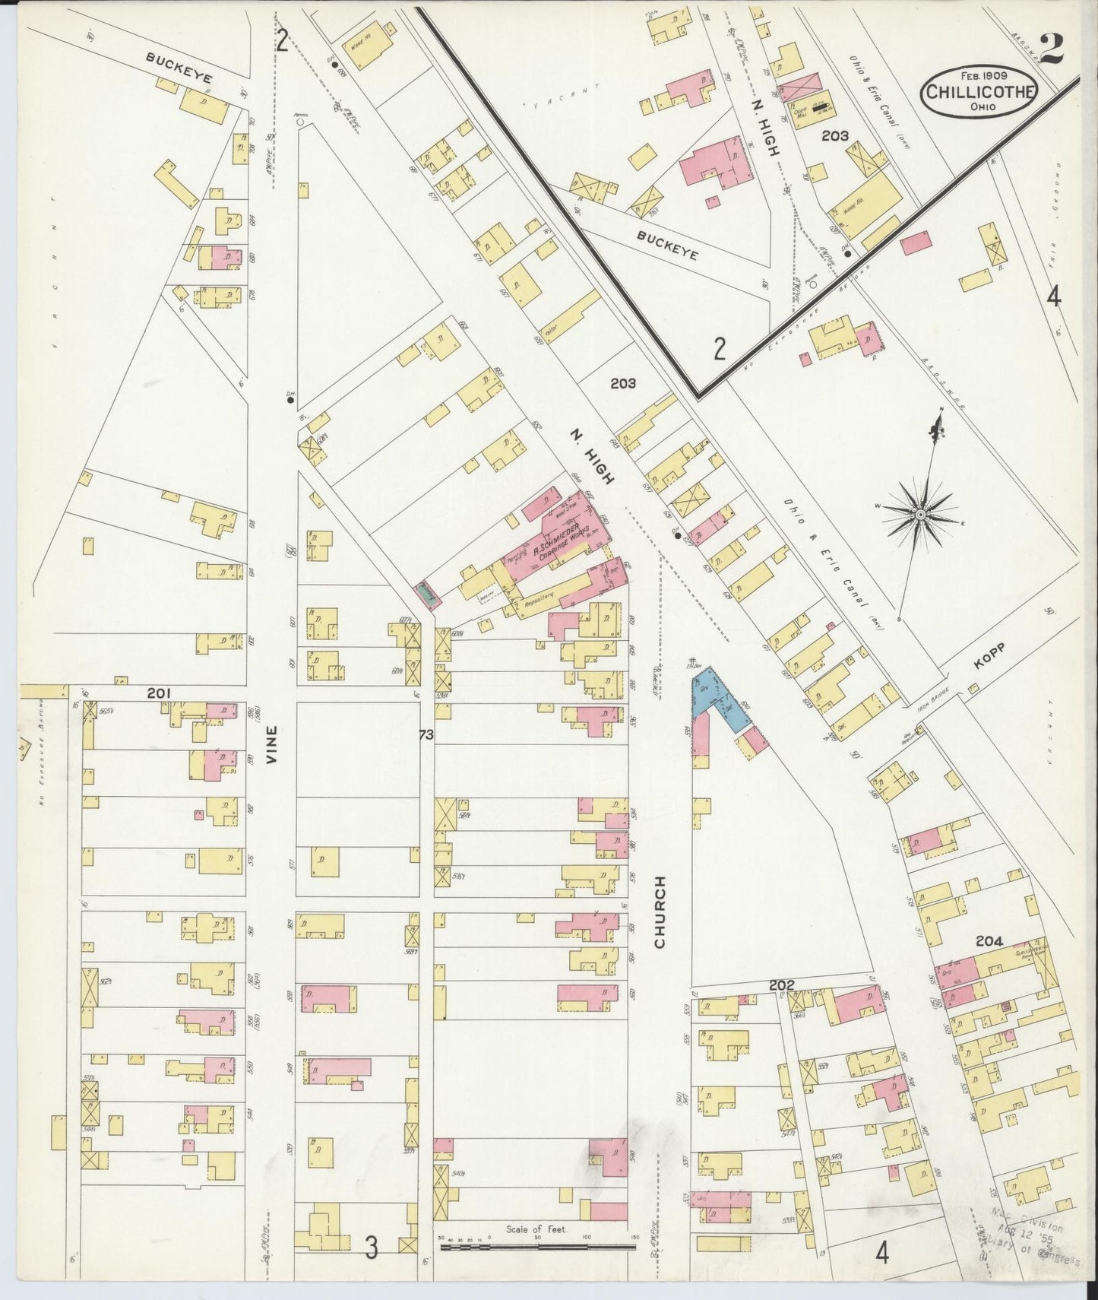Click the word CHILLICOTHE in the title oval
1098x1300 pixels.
click(x=978, y=91)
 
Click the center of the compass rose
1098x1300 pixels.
click(x=920, y=515)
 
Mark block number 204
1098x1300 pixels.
click(x=989, y=941)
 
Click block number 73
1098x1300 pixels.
click(x=426, y=735)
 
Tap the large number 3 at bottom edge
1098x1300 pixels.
click(x=371, y=1248)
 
